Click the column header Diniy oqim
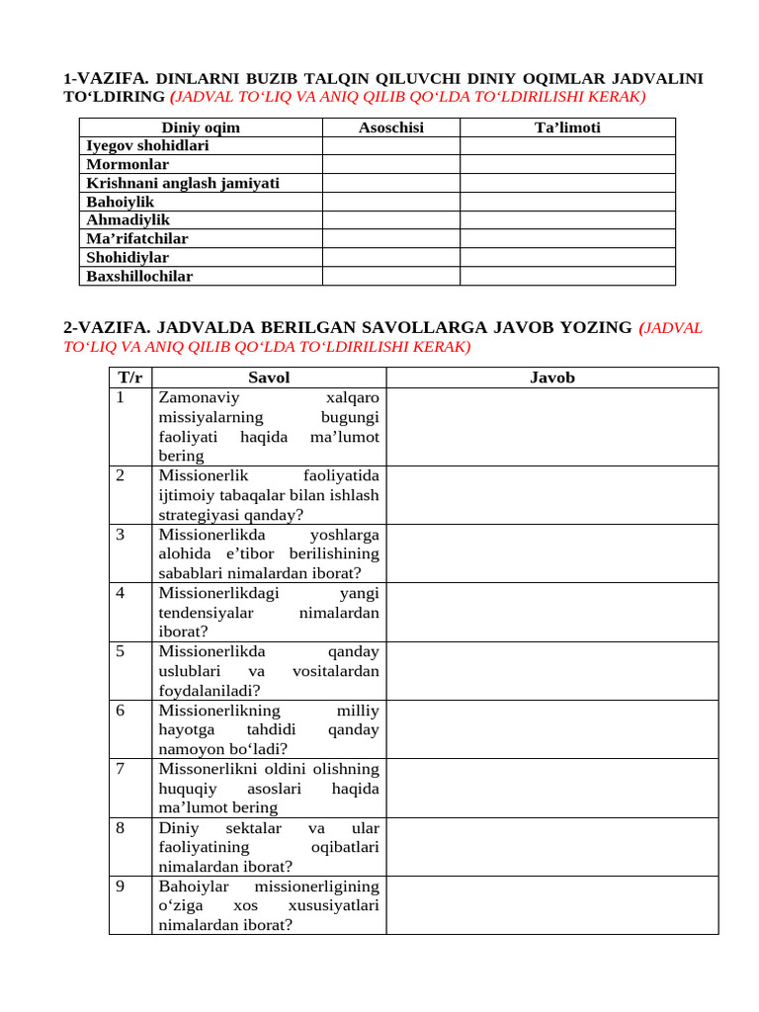tap(201, 127)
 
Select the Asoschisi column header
tap(390, 127)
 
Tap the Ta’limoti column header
tap(567, 127)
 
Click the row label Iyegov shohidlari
tap(147, 146)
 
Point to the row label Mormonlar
tap(127, 165)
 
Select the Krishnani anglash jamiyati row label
tap(183, 184)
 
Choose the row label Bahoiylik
tap(121, 202)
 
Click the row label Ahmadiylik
tap(128, 220)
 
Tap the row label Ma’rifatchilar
tap(137, 239)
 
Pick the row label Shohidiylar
tap(127, 258)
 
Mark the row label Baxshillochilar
tap(139, 277)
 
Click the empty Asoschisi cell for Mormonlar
tap(390, 165)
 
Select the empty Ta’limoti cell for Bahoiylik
tap(567, 202)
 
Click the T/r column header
tap(130, 378)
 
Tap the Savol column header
tap(269, 378)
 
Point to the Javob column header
tap(551, 378)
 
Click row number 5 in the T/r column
tap(120, 652)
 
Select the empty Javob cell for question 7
tap(551, 788)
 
